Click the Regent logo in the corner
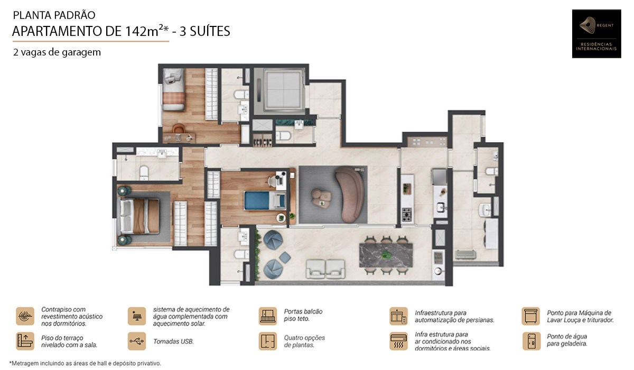pos(596,34)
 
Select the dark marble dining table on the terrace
pos(386,255)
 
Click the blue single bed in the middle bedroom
pos(265,201)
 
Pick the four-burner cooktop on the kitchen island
pos(407,215)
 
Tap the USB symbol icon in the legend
pos(137,341)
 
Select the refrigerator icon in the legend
pos(532,341)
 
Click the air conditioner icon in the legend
pos(398,341)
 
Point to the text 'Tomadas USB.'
pos(173,341)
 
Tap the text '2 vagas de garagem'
pos(57,52)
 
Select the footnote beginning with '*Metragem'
pos(85,363)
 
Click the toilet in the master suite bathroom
pos(144,172)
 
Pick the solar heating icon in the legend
pos(137,316)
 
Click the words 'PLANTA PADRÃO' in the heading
pos(54,15)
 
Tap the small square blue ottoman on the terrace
pos(285,257)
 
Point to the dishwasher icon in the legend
pos(530,316)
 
